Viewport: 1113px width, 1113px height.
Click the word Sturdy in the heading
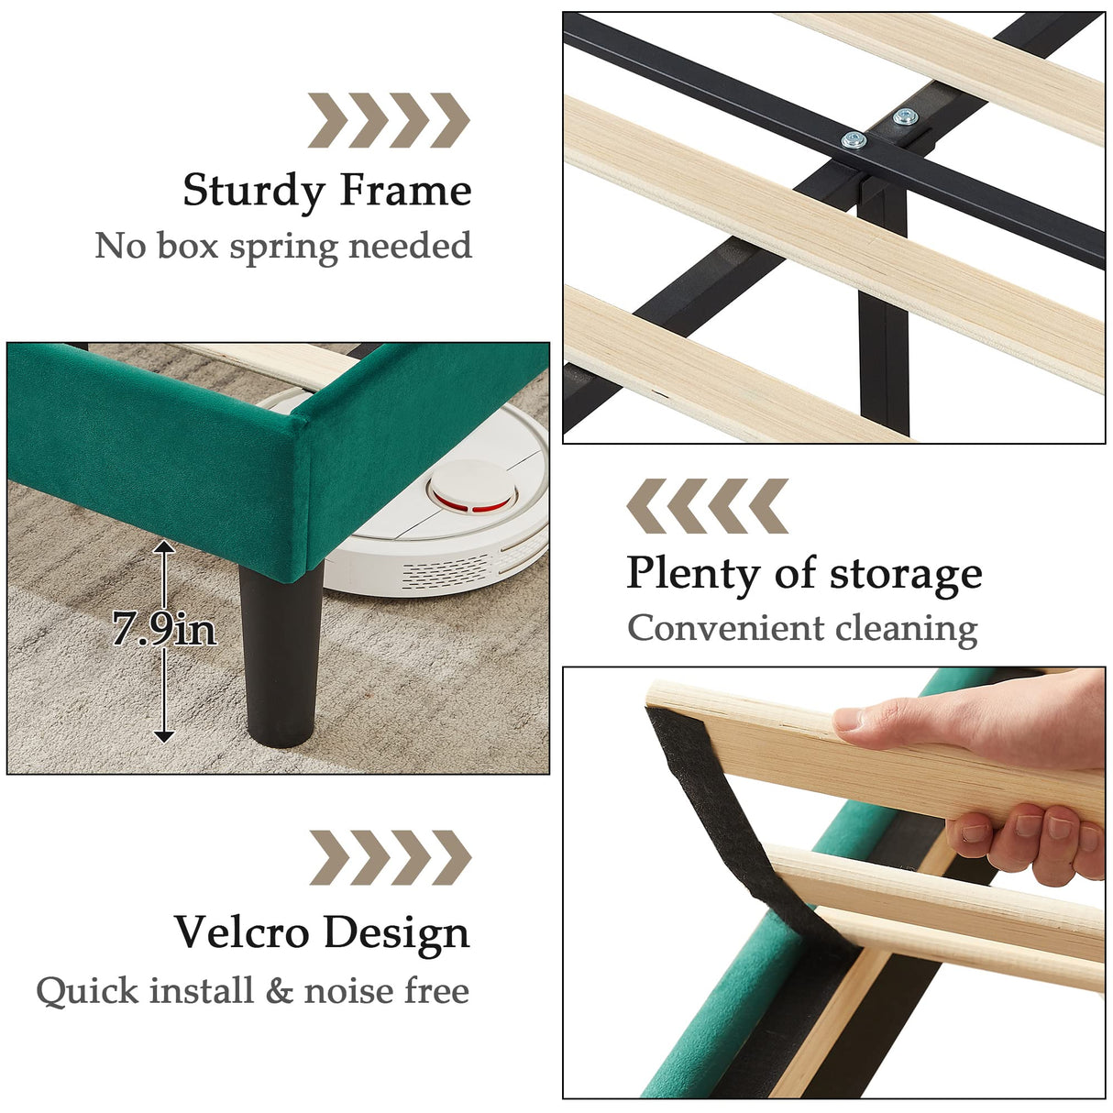(x=254, y=192)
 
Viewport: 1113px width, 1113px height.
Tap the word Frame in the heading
(x=405, y=191)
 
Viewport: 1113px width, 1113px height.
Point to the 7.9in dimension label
(x=164, y=629)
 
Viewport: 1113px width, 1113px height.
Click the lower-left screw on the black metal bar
(x=854, y=139)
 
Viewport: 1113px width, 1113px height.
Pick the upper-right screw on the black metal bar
(x=905, y=116)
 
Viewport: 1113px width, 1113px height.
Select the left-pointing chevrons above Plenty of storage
(x=707, y=505)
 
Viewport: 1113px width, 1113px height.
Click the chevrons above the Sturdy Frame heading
(x=388, y=120)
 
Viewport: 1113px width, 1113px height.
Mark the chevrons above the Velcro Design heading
(x=390, y=857)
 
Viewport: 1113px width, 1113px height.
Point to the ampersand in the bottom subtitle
(x=279, y=991)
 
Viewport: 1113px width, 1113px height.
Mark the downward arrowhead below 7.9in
(x=164, y=735)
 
